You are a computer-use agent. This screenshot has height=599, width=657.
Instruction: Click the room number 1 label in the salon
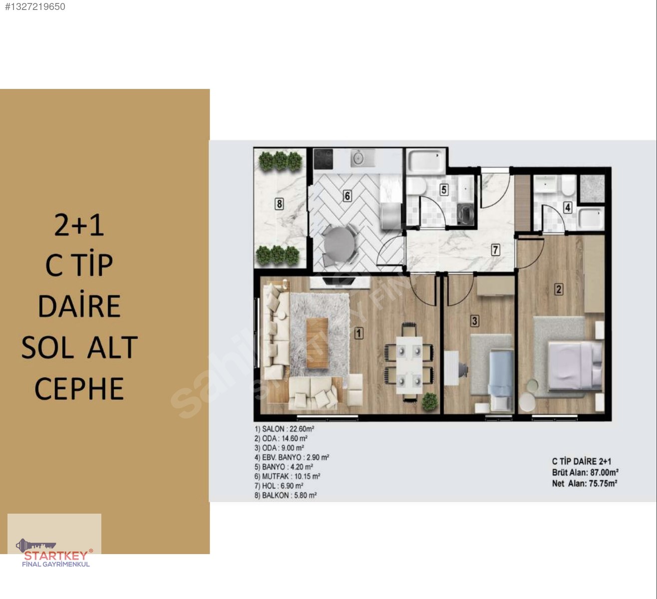tap(358, 333)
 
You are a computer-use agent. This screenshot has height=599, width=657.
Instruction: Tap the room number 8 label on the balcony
tap(279, 204)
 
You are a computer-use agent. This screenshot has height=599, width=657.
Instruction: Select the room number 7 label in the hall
tap(495, 250)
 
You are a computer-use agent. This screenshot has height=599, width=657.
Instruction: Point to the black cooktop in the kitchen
tap(324, 159)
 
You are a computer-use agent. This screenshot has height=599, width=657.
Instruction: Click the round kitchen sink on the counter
tap(358, 158)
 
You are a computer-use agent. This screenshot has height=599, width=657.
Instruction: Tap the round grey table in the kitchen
tap(339, 244)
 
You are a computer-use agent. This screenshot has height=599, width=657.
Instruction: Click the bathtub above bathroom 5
tap(426, 162)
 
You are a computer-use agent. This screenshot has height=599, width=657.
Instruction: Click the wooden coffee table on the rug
tap(317, 342)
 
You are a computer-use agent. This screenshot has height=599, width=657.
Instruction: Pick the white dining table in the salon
tap(409, 365)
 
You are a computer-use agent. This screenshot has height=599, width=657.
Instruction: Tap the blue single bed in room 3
tap(501, 380)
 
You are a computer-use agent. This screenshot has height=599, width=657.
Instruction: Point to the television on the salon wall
tap(339, 281)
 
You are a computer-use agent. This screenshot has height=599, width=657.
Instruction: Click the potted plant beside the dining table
tap(430, 401)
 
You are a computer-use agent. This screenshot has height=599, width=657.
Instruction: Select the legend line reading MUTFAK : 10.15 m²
tap(287, 476)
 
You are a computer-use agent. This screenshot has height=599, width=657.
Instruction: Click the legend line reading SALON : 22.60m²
tap(284, 429)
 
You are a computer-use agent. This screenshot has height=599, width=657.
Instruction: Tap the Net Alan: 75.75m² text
tap(585, 483)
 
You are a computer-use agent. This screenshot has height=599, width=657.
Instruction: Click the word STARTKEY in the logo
tap(56, 556)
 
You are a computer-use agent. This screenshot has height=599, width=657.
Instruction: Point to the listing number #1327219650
tap(35, 6)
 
